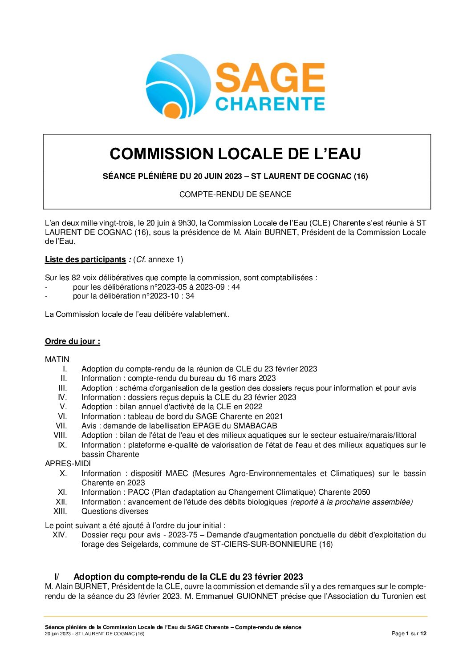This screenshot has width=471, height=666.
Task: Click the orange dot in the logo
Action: click(171, 110)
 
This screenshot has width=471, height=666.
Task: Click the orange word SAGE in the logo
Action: click(270, 78)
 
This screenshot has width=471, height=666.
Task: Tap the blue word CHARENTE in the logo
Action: click(270, 104)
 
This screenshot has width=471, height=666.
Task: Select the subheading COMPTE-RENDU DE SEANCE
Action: click(235, 194)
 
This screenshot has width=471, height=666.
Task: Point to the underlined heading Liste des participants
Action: click(85, 259)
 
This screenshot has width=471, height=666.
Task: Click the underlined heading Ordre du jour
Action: click(72, 341)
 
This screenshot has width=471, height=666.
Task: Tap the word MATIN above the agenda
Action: click(57, 359)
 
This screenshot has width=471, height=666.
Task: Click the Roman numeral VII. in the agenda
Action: click(61, 426)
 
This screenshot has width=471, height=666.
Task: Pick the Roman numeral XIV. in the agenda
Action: click(60, 535)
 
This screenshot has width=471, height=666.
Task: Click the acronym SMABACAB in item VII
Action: click(255, 426)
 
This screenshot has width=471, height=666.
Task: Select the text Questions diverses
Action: click(115, 511)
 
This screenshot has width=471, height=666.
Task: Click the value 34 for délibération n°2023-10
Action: click(190, 296)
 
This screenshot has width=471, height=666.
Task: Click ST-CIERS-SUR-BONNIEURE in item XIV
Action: click(264, 544)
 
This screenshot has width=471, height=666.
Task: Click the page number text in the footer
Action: click(409, 634)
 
